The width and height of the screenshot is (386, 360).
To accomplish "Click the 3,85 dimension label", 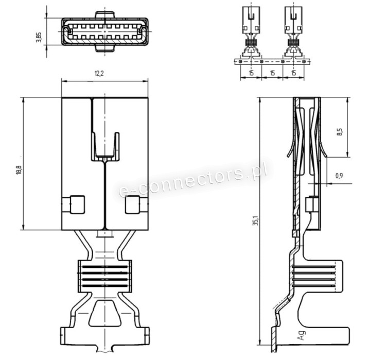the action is pos(39,37).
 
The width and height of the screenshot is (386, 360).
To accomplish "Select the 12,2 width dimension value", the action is pos(99,73).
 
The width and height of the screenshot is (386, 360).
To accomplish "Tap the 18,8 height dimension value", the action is pos(19,170).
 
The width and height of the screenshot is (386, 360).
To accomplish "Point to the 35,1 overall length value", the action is pos(256,220).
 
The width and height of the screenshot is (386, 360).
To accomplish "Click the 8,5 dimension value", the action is pos(340,132).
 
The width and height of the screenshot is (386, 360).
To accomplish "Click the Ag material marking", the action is pos(302,335).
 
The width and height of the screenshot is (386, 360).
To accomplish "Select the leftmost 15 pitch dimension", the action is pos(251,73).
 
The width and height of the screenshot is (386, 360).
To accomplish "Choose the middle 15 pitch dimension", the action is pos(272,73).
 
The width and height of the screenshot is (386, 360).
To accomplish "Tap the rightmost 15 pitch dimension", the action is pos(294,73).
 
